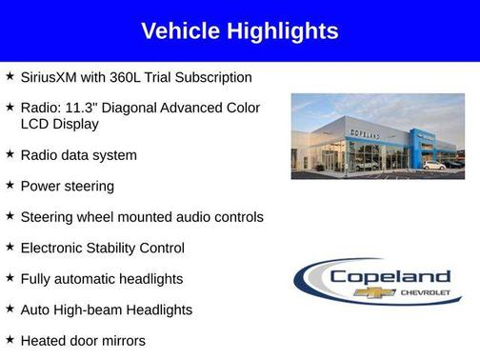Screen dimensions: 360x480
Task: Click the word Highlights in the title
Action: coord(281,31)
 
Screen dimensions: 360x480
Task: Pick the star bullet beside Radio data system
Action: coord(10,153)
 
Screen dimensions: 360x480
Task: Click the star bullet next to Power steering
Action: coord(10,185)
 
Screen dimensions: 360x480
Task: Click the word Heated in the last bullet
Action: coord(44,340)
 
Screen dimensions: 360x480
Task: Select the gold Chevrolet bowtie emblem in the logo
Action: coord(368,292)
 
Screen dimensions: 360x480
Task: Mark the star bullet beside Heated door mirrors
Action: coord(10,339)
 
